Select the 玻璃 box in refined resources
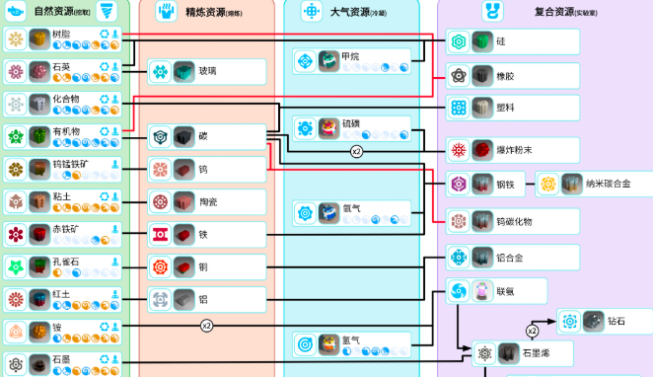click(208, 71)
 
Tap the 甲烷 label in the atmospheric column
click(351, 56)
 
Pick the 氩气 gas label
click(351, 208)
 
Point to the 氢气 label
click(351, 340)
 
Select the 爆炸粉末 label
click(515, 149)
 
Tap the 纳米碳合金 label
click(606, 184)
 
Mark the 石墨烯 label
click(536, 352)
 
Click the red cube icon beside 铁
click(184, 234)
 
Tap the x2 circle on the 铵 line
click(206, 325)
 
